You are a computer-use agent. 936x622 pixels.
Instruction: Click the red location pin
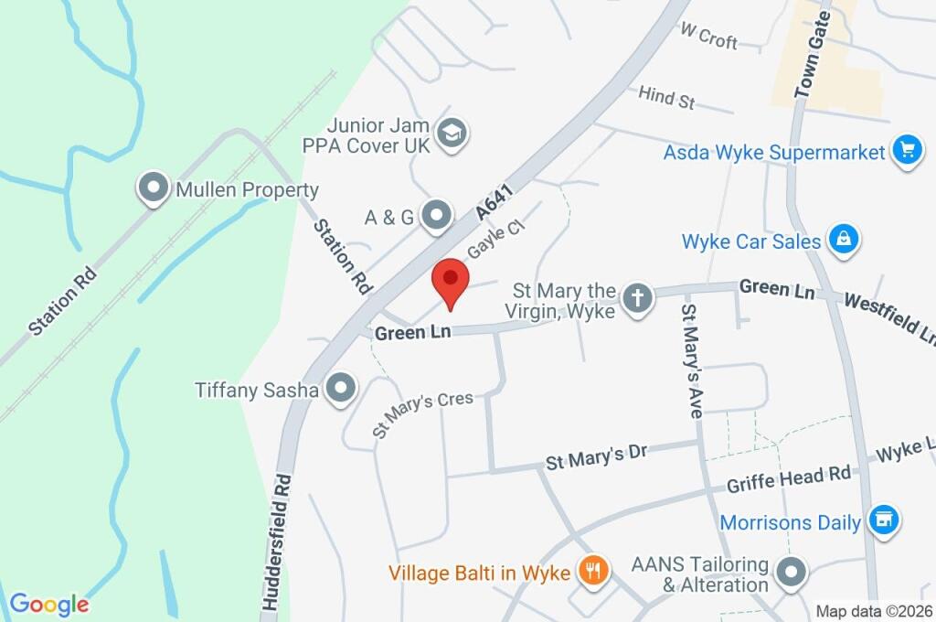tap(450, 280)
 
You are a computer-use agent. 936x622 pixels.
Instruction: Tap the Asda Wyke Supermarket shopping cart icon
tap(906, 150)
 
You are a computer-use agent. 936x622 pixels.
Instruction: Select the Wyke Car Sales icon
tap(843, 241)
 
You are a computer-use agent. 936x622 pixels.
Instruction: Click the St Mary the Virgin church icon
tap(637, 297)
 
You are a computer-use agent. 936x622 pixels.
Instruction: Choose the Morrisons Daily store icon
tap(883, 521)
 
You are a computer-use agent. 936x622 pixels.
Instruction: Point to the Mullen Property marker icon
tap(151, 189)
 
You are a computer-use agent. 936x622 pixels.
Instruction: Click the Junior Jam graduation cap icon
tap(452, 134)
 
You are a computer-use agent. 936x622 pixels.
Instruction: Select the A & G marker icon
tap(438, 216)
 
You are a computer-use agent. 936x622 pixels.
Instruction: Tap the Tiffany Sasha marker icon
tap(342, 389)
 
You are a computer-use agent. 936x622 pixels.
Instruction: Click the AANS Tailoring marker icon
tap(790, 573)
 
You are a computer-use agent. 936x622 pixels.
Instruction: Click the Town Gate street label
tap(812, 62)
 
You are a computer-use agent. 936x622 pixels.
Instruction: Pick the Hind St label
tap(667, 97)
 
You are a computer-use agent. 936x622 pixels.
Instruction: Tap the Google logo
tap(49, 604)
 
